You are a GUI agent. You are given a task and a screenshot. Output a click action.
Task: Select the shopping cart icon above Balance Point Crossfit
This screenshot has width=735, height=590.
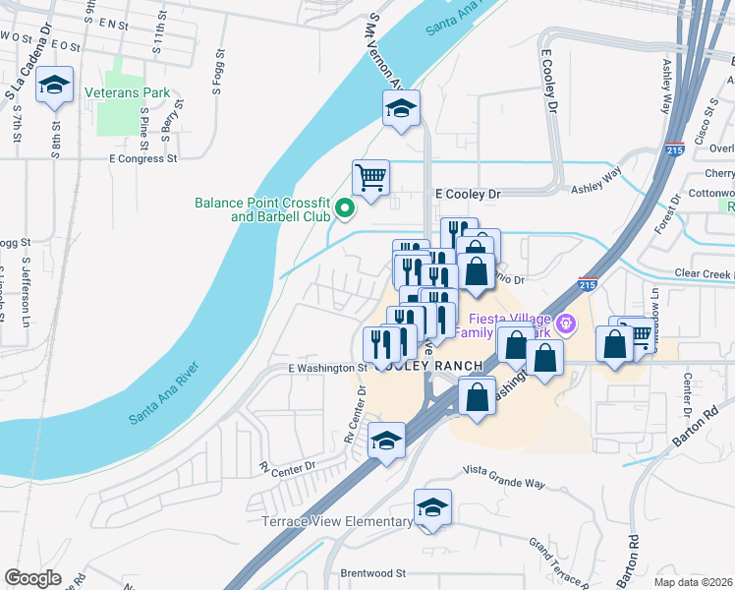370,178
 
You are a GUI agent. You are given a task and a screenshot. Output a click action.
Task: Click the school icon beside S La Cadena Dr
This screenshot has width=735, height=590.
55,87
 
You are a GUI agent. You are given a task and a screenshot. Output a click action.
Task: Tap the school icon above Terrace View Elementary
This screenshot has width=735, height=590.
432,507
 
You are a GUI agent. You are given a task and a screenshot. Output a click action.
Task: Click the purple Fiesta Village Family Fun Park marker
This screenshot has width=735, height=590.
566,323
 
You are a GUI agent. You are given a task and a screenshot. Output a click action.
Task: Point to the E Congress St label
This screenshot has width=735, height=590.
143,157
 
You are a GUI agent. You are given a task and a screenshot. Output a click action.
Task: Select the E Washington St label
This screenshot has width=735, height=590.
326,368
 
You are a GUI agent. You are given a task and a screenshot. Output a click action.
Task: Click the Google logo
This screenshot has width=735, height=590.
33,578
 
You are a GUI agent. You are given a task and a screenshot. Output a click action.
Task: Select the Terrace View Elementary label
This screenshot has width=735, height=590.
337,522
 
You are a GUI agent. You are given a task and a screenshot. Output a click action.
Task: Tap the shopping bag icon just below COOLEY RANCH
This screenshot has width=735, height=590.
477,398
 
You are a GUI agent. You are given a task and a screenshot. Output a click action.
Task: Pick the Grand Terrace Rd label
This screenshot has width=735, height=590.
551,558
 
